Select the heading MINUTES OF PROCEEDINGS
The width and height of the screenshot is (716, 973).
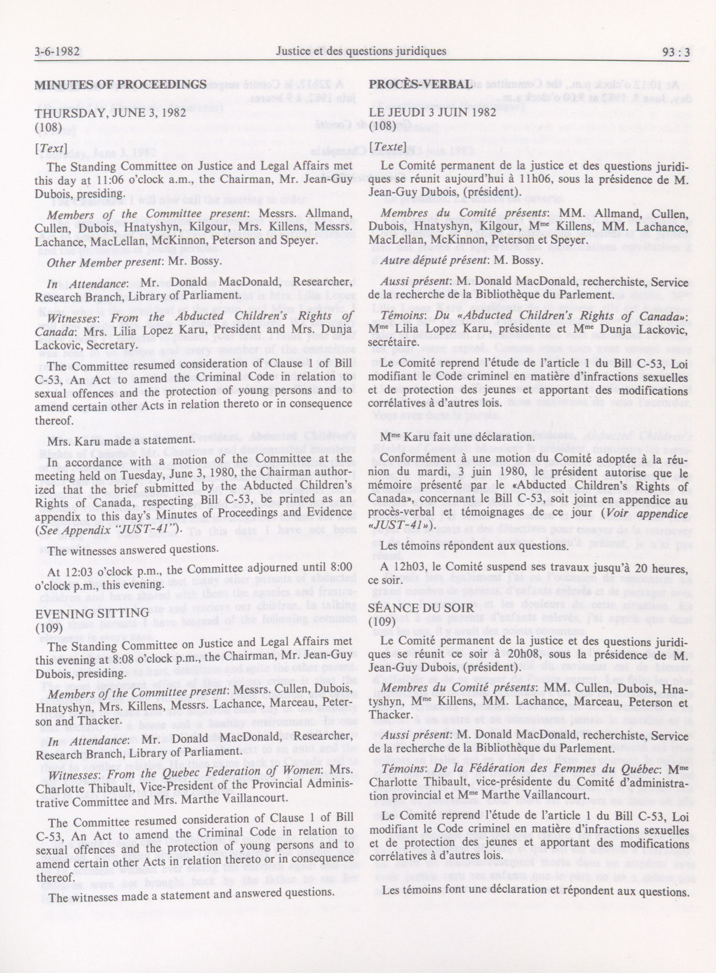(x=120, y=85)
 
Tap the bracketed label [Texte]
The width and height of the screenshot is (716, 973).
(x=387, y=148)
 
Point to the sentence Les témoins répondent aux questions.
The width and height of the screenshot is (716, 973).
(x=474, y=546)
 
